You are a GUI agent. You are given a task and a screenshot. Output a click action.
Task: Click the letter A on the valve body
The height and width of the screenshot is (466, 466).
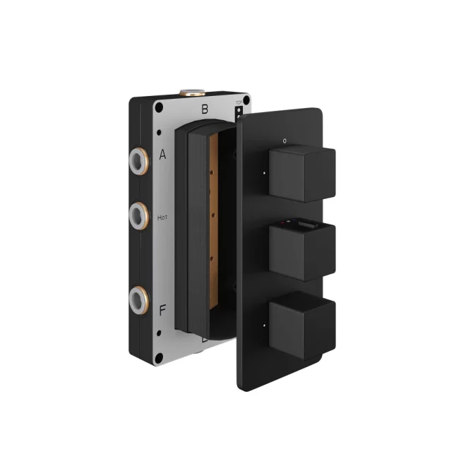(162, 155)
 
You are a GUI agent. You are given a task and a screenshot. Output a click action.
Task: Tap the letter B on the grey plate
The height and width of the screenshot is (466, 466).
(205, 109)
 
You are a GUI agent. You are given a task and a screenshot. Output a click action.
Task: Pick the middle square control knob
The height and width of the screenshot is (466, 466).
(301, 248)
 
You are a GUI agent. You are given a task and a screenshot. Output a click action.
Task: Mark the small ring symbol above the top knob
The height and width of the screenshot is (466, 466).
(283, 141)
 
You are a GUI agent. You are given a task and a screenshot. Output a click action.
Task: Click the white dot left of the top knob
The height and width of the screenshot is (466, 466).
(264, 170)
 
